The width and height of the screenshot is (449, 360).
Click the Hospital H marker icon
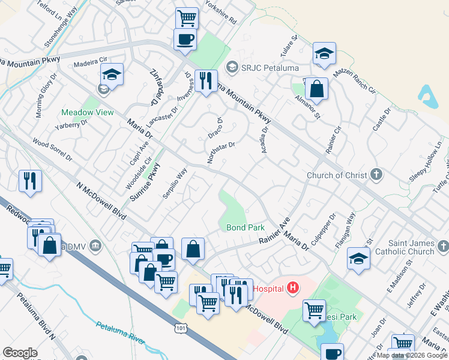pyautogui.click(x=293, y=289)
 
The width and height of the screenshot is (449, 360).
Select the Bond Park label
pyautogui.click(x=246, y=228)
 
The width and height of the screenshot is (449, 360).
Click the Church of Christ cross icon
pyautogui.click(x=376, y=175)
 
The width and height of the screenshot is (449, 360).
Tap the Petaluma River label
pyautogui.click(x=120, y=334)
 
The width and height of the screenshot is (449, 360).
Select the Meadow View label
pyautogui.click(x=87, y=112)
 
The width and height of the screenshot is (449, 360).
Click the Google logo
pyautogui.click(x=20, y=352)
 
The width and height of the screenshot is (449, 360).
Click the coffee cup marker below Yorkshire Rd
pyautogui.click(x=185, y=39)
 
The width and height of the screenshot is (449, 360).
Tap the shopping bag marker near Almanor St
pyautogui.click(x=316, y=89)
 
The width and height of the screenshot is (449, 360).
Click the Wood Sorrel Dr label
pyautogui.click(x=52, y=151)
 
